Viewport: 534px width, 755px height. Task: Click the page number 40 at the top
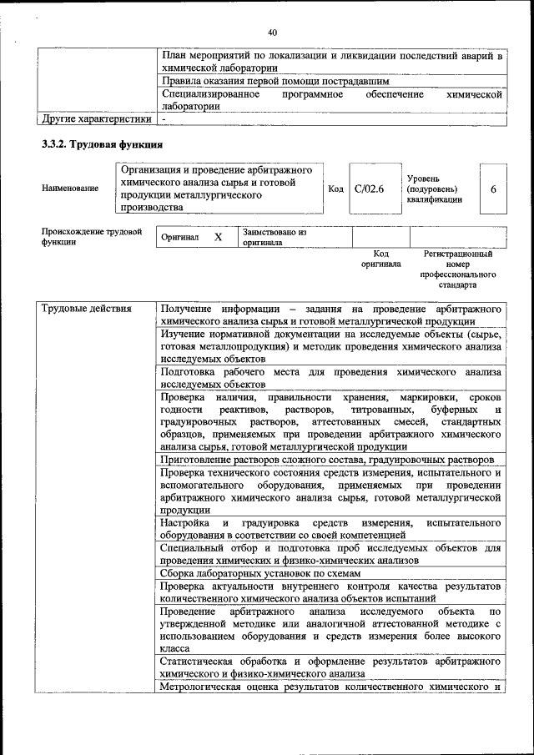click(x=272, y=33)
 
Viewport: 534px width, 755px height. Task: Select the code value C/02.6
click(x=368, y=189)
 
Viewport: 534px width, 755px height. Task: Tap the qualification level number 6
click(x=493, y=189)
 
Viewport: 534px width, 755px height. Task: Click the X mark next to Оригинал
click(x=219, y=237)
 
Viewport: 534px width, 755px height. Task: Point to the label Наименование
click(x=70, y=189)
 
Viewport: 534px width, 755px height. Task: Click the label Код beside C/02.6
click(x=335, y=189)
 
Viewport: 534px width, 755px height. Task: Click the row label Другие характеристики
click(x=96, y=119)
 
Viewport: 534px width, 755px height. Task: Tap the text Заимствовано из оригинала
click(x=275, y=237)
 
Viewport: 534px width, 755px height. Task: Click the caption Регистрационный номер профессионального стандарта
click(x=458, y=268)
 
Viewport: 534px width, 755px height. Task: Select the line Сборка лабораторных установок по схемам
click(x=260, y=574)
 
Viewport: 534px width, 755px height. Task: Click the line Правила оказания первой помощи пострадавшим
click(x=275, y=82)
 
